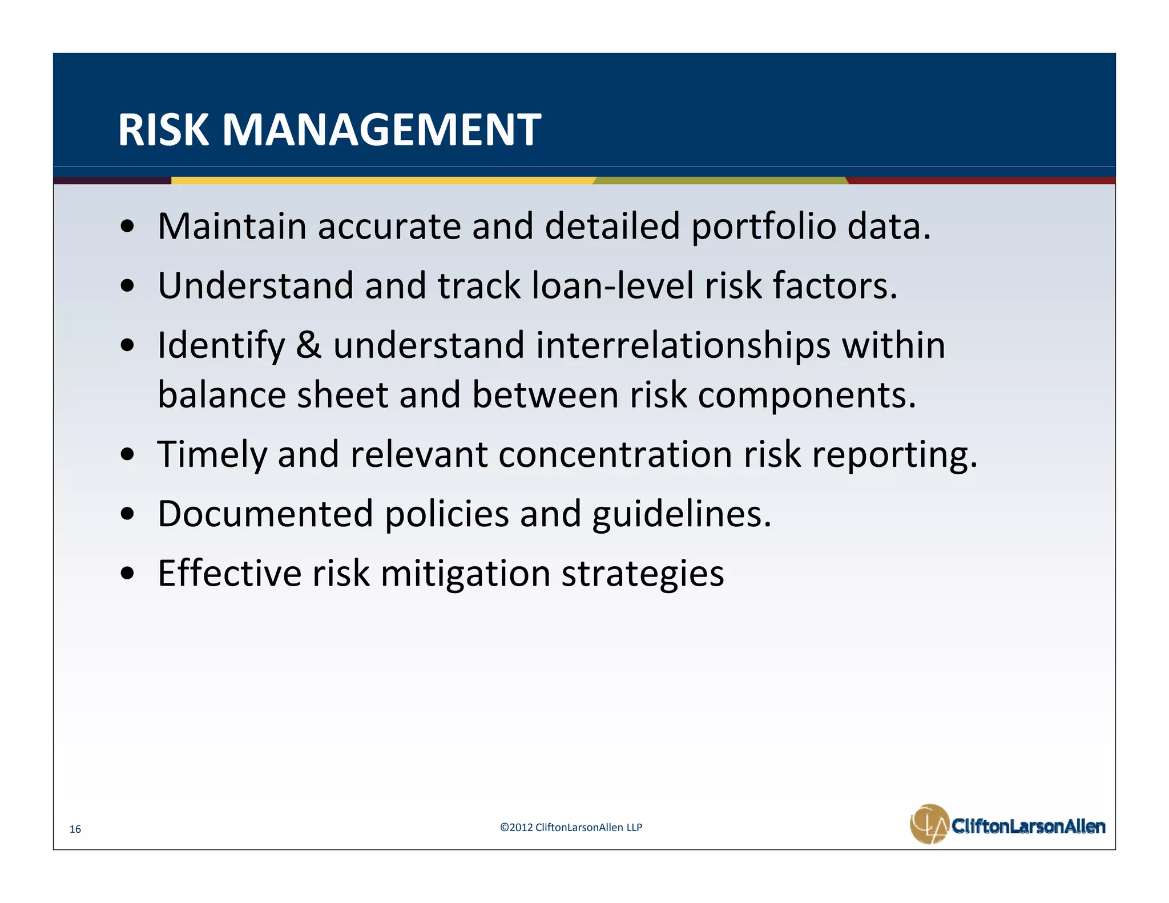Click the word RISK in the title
coord(163,130)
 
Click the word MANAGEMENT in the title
coord(381,130)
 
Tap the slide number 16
coord(75,829)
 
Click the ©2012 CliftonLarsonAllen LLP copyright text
coord(571,827)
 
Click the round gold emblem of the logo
coord(929,824)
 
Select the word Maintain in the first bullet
coord(232,226)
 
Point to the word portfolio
coord(763,227)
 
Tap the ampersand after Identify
coord(308,345)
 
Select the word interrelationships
coord(683,346)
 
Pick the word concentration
coord(615,454)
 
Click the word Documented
coord(265,514)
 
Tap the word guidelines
coord(682,515)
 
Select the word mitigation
coord(465,574)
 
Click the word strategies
coord(643,574)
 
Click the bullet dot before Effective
coord(128,573)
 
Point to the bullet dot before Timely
coord(128,454)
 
